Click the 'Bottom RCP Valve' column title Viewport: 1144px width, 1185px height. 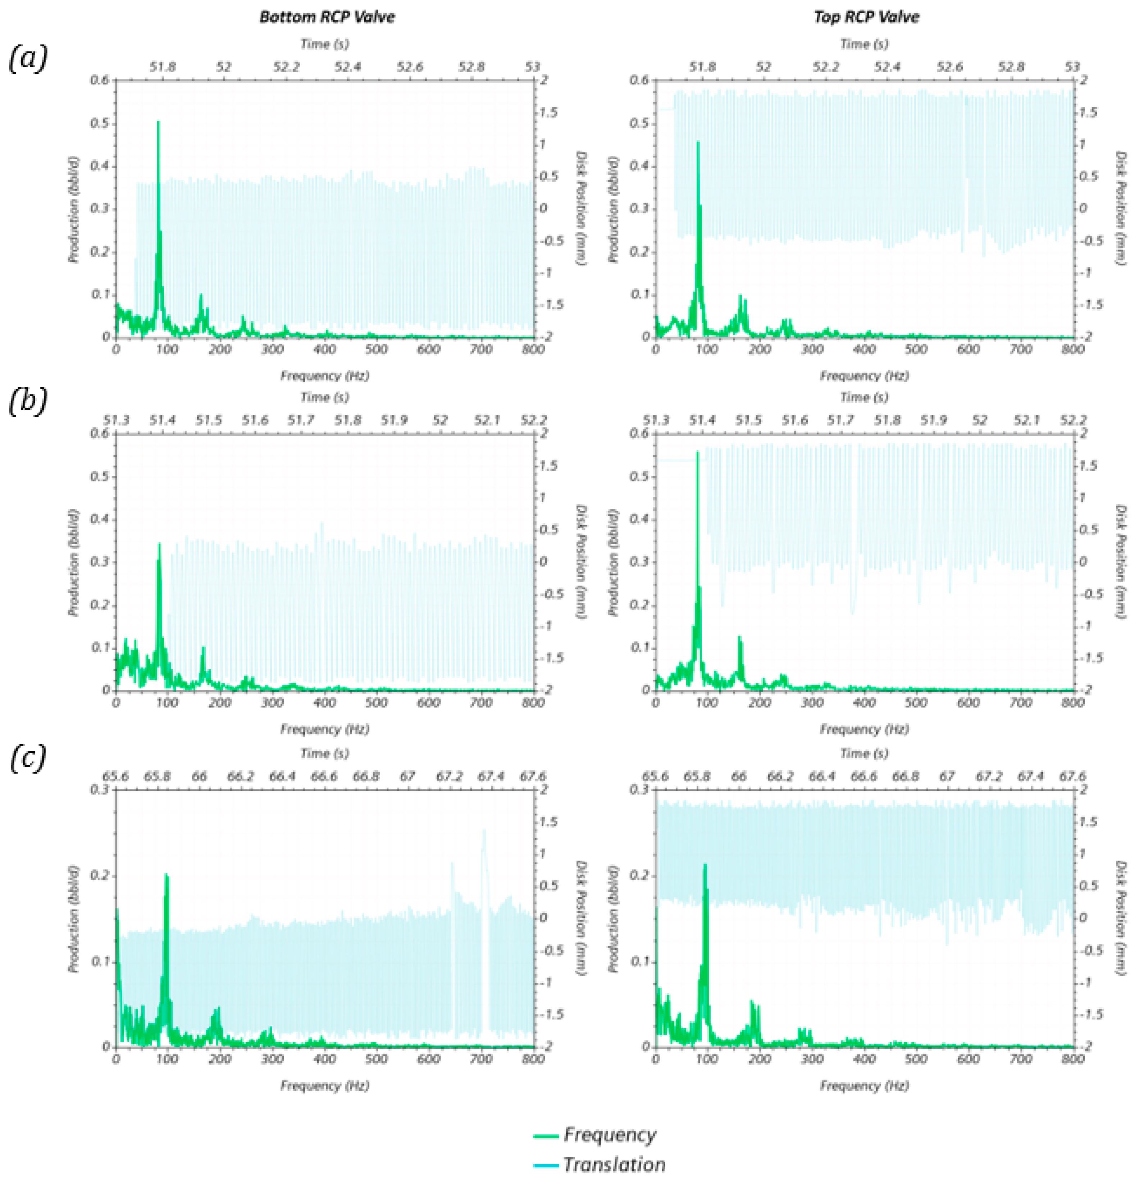pos(327,17)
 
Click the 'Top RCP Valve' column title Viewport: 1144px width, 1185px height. pos(866,17)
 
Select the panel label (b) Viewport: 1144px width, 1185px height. pos(27,402)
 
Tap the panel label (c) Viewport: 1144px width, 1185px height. pos(27,757)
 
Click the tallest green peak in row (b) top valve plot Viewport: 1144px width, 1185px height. pos(697,452)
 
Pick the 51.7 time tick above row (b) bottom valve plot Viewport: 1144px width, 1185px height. pos(301,420)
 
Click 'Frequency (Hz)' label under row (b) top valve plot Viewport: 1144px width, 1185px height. pos(864,729)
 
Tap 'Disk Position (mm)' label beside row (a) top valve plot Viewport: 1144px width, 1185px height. pos(1120,208)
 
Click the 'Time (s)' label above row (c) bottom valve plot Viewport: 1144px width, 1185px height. pos(325,753)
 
